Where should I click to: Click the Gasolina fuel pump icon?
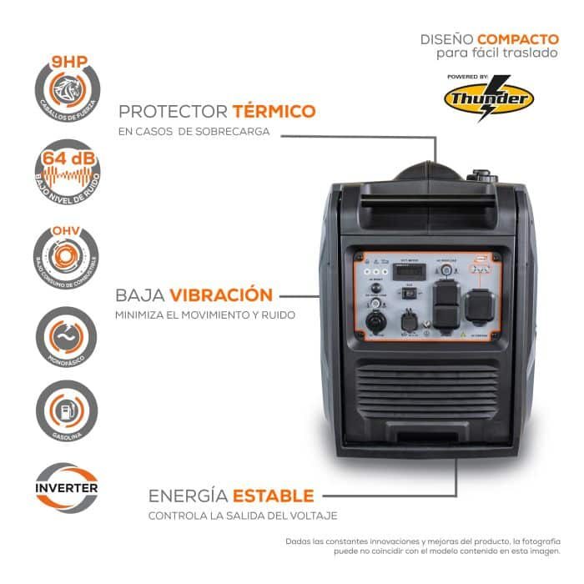point(68,413)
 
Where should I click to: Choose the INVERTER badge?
point(68,488)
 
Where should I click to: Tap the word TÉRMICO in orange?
point(274,111)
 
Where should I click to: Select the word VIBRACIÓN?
point(221,295)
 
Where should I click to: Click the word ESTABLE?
point(274,496)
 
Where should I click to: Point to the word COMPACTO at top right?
point(518,38)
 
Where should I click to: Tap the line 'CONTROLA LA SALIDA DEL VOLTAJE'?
point(243,516)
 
